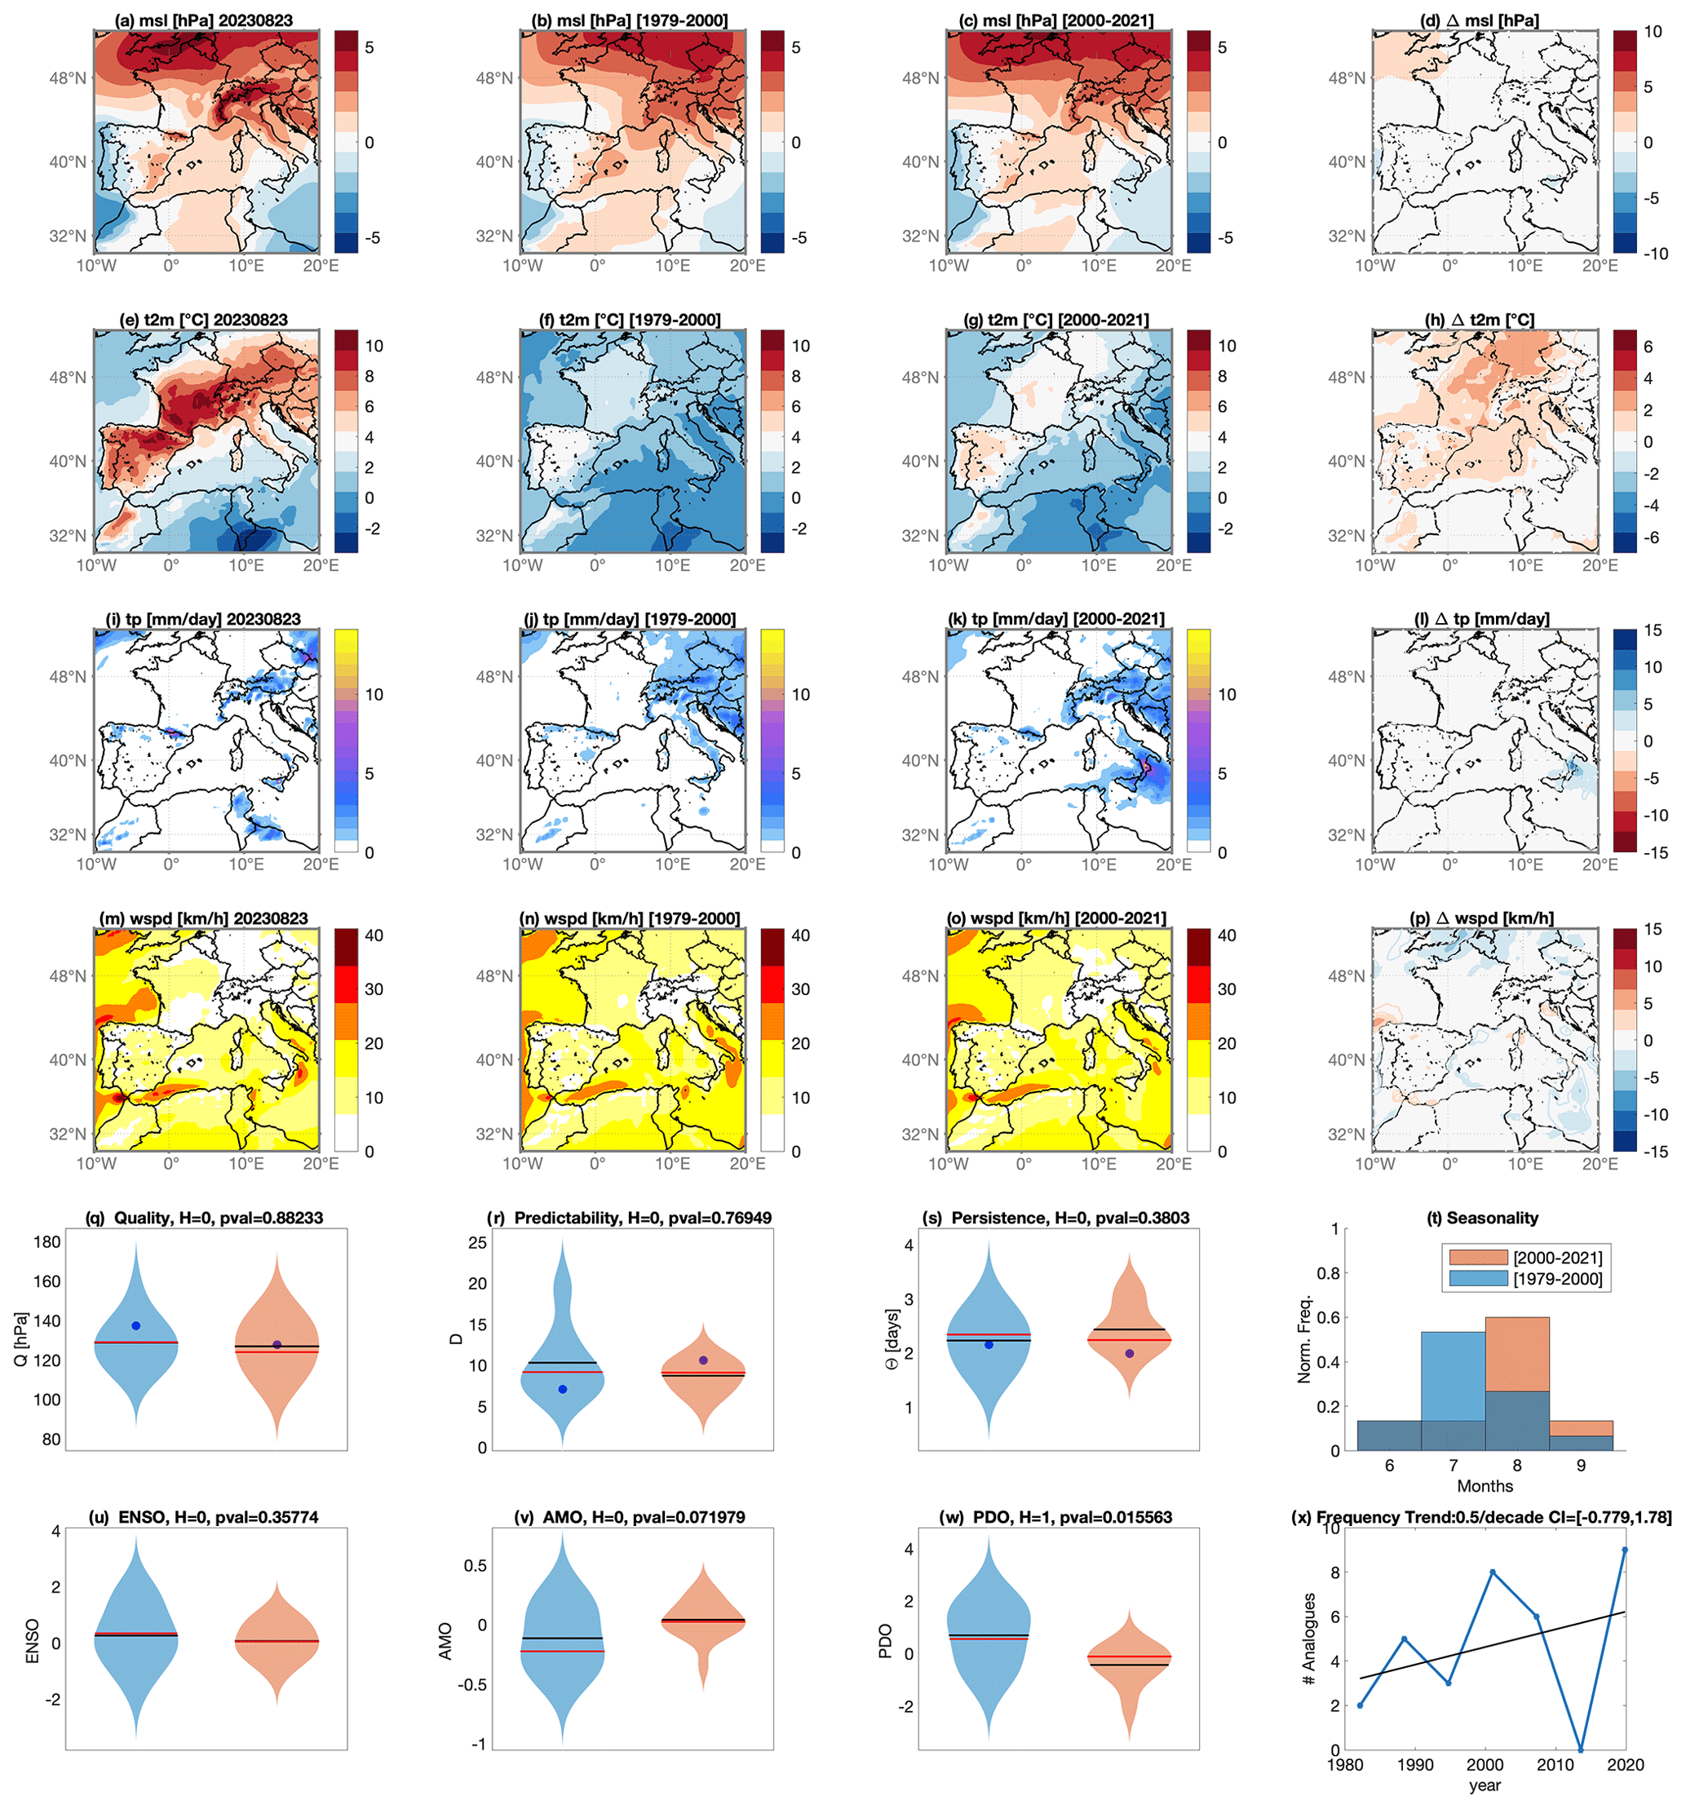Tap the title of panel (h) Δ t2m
click(x=1480, y=321)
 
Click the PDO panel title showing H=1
click(x=1055, y=1518)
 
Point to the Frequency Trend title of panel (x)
click(x=1481, y=1518)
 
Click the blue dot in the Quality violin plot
click(x=135, y=1326)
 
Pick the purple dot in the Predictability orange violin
click(x=703, y=1360)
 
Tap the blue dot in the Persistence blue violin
click(x=989, y=1345)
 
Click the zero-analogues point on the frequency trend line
click(x=1582, y=1749)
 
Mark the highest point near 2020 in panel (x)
click(x=1625, y=1550)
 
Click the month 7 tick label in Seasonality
click(x=1453, y=1465)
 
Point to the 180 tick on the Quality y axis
click(x=47, y=1242)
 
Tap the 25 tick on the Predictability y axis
click(x=477, y=1243)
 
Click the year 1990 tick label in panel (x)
click(x=1415, y=1765)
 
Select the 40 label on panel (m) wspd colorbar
click(x=374, y=935)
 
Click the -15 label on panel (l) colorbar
click(x=1655, y=852)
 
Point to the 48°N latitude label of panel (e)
click(x=68, y=378)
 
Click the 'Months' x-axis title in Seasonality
click(x=1485, y=1486)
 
